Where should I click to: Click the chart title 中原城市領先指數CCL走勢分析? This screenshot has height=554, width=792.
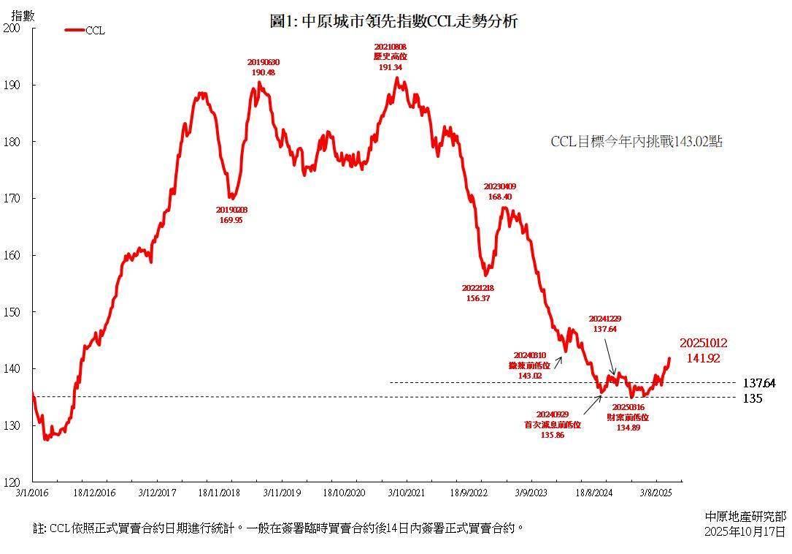(x=393, y=21)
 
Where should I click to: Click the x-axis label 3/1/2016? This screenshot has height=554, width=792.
(x=32, y=494)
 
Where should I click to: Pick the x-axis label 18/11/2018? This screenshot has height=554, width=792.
(x=219, y=494)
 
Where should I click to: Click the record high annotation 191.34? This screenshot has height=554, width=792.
(x=391, y=67)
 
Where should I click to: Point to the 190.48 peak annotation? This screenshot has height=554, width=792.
(x=263, y=72)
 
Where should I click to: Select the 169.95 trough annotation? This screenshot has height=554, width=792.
(x=231, y=220)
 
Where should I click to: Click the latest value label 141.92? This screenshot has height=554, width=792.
(x=704, y=358)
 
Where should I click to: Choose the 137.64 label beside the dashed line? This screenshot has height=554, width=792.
(x=759, y=383)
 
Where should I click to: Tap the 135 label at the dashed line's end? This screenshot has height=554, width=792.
(x=753, y=398)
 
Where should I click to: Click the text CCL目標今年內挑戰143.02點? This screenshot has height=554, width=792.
(x=636, y=142)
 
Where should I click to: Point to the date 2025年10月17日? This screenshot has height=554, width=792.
(x=745, y=531)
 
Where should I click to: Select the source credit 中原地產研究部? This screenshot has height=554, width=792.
(x=746, y=517)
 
